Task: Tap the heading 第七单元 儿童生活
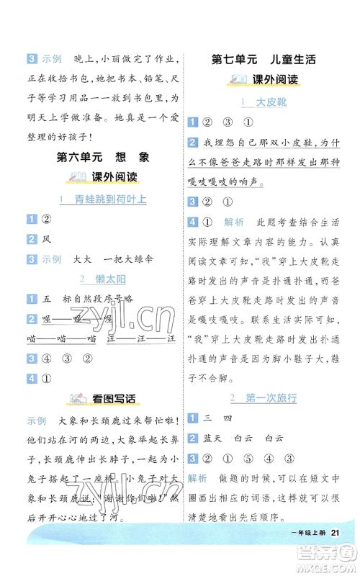[264, 59]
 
